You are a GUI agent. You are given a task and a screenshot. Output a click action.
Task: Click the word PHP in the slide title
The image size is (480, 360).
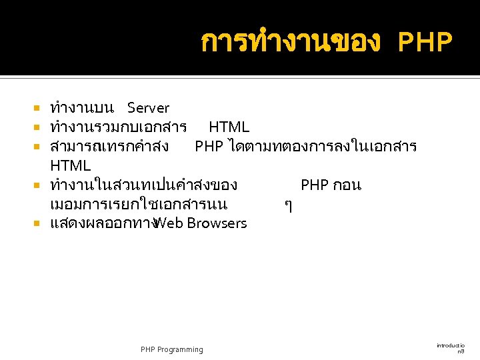(x=425, y=43)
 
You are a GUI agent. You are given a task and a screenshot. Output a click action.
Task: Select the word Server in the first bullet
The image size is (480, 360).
(x=148, y=108)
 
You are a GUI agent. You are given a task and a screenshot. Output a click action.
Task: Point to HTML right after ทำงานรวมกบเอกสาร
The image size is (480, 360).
(x=229, y=127)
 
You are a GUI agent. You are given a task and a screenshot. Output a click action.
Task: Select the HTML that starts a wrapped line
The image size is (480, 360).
(x=70, y=165)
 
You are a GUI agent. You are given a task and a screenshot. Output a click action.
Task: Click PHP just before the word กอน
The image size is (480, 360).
(x=314, y=185)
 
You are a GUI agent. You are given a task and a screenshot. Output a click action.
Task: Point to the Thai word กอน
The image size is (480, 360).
(x=346, y=185)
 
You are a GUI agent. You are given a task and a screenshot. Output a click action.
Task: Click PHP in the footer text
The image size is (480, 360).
(x=148, y=349)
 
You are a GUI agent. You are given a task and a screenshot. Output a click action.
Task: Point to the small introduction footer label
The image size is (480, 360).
(x=451, y=347)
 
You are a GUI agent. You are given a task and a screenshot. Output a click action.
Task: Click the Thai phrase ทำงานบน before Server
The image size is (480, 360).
(x=82, y=108)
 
